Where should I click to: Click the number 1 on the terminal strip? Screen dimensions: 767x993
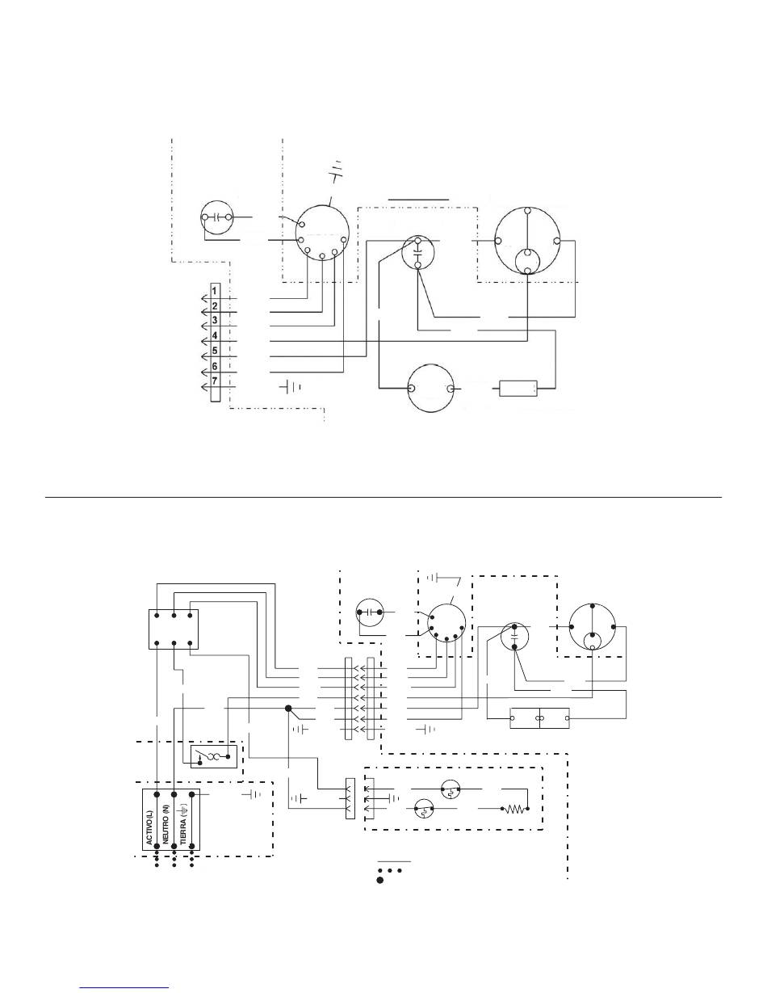pos(215,291)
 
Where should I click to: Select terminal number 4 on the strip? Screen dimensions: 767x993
pos(215,336)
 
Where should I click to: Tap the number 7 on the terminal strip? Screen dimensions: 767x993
pos(215,381)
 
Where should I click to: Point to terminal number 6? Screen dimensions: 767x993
pos(215,366)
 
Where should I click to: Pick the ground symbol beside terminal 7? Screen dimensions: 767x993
pos(291,388)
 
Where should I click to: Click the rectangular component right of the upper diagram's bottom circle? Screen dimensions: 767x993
pos(518,389)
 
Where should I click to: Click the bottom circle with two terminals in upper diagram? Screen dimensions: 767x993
pos(431,389)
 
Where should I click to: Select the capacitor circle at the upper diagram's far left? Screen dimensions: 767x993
pos(217,217)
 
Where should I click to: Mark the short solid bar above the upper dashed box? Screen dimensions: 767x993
pos(419,200)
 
